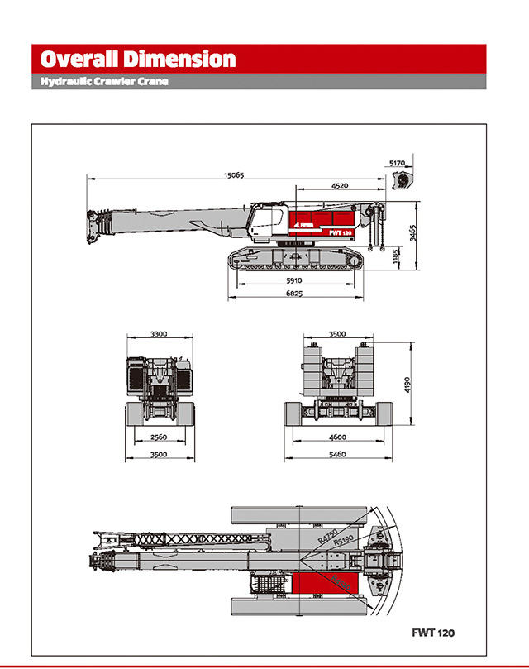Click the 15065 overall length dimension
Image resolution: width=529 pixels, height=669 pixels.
233,175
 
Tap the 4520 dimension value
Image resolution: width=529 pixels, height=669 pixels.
339,186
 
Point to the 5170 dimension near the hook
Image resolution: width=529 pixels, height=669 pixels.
398,164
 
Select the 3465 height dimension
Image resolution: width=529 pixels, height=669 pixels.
412,232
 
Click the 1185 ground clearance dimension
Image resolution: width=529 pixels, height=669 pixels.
396,258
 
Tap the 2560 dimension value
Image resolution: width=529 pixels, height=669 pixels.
160,437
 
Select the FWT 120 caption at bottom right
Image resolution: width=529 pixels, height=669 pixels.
433,633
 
